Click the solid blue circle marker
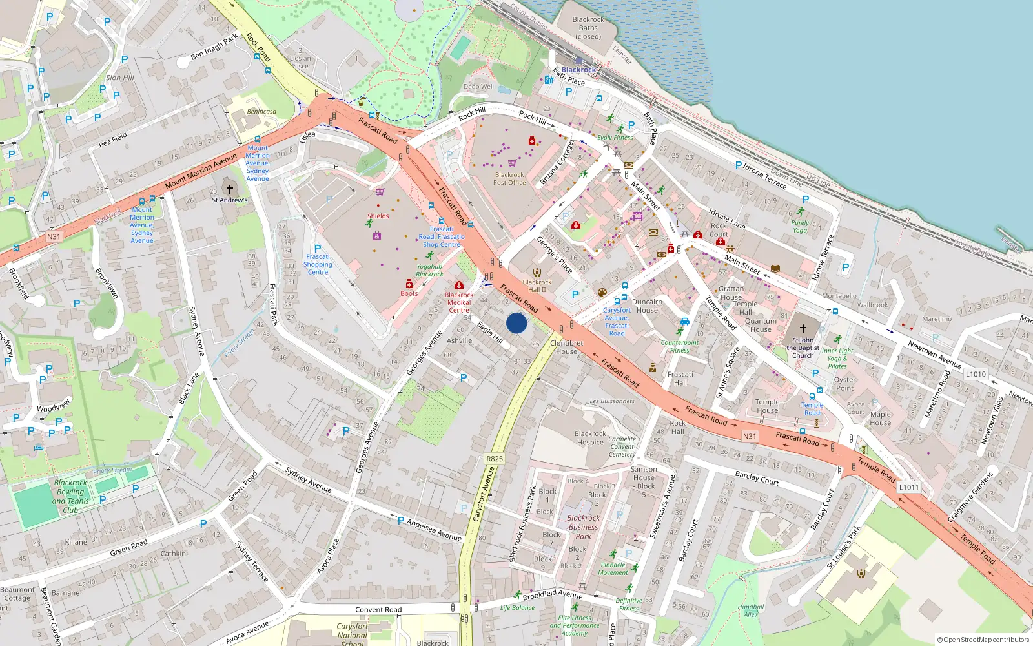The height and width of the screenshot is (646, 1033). coord(516,323)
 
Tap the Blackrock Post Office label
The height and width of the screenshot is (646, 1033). coord(509,179)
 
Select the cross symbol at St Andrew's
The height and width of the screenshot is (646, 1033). coord(229,189)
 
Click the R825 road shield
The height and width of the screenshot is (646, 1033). coord(494,459)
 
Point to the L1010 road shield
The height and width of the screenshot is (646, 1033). coord(976,374)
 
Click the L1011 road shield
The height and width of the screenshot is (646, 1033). coord(908,487)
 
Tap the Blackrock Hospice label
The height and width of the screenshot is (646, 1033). coord(590,438)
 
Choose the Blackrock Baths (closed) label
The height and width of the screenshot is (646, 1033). coord(588,28)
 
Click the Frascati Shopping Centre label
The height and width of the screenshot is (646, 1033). coord(318,264)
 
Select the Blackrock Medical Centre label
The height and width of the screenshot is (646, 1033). coord(459,302)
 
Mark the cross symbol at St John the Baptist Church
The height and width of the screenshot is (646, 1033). coord(803,328)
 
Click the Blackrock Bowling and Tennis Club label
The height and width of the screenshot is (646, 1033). coord(70,496)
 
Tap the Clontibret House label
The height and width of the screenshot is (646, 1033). coord(566,348)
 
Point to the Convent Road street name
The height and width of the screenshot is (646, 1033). coord(378,609)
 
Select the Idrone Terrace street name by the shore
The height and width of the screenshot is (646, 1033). coord(764,175)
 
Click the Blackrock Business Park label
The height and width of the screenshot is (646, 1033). coord(583,526)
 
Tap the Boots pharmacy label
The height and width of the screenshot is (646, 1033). coord(409,293)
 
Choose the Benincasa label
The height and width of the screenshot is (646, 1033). coord(261,112)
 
